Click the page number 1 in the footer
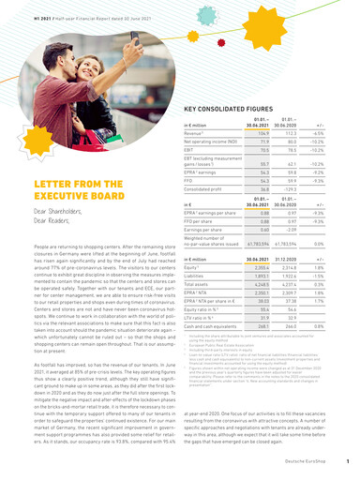[x=347, y=461]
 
